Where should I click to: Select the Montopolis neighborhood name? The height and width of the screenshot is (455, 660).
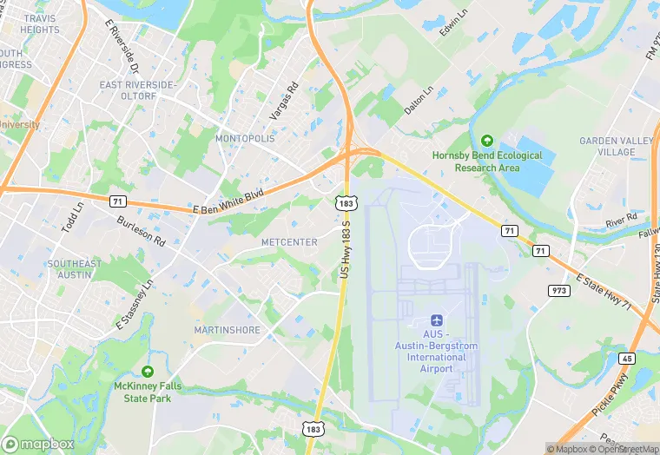244,138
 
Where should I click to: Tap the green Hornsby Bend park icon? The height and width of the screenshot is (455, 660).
486,140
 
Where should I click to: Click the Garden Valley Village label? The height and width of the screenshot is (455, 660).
607,146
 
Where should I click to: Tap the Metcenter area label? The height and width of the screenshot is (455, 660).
289,242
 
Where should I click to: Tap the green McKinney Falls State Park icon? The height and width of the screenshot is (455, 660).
148,371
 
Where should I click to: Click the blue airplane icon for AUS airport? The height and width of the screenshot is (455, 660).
436,321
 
